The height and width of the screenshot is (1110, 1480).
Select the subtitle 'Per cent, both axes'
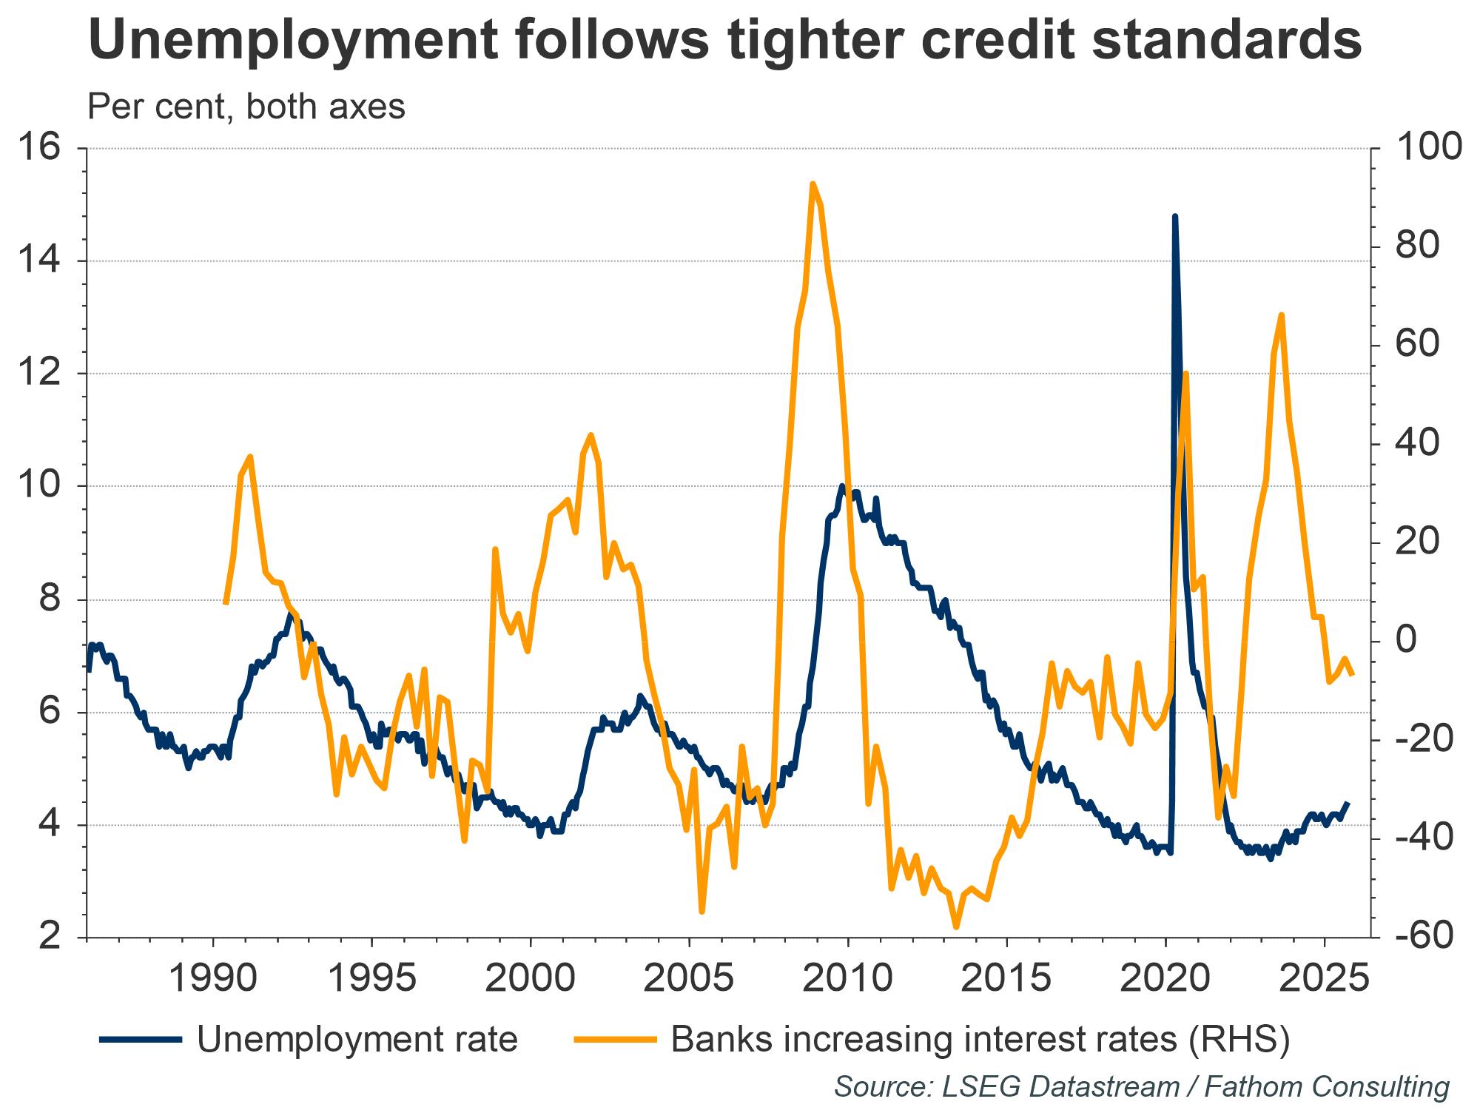(246, 107)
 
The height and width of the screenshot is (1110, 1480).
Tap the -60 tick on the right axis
(1423, 937)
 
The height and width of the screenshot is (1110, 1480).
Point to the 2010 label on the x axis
(847, 978)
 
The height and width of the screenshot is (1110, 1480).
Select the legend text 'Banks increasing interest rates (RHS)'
(980, 1040)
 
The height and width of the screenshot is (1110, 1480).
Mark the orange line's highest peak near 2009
(813, 184)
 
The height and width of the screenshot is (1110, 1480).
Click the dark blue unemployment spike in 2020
(1174, 216)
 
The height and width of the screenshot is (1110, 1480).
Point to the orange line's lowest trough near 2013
(956, 926)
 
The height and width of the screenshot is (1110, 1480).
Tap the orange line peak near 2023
(1281, 315)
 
